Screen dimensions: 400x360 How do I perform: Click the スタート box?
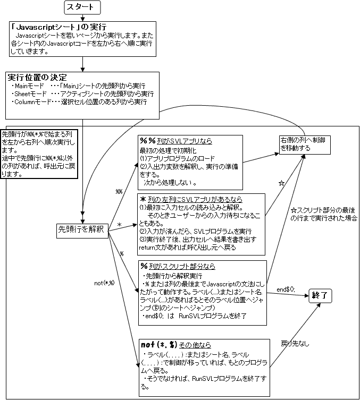pos(82,7)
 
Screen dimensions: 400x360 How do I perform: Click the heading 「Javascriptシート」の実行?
pos(59,26)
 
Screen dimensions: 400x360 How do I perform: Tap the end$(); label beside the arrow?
pos(286,290)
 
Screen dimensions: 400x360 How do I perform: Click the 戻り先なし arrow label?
pos(292,344)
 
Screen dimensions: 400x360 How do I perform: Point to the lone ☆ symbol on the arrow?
pos(282,183)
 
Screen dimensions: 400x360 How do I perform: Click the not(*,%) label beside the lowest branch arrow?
pos(104,282)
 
